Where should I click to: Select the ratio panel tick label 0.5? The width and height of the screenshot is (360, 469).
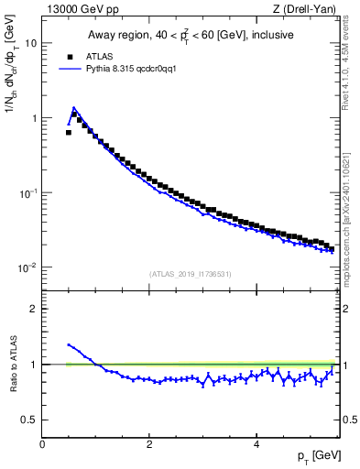click(30, 420)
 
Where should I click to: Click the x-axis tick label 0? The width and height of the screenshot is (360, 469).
click(42, 444)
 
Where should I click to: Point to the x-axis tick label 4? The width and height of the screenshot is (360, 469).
click(256, 444)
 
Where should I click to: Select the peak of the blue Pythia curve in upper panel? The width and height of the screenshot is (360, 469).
click(73, 107)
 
